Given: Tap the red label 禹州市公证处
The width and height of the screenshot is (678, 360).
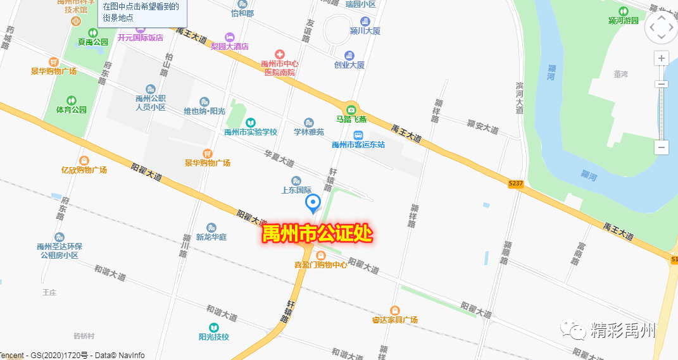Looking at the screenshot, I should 317,233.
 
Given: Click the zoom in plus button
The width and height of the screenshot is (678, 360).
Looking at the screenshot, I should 662,59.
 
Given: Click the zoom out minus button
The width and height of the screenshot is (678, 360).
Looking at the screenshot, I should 662,147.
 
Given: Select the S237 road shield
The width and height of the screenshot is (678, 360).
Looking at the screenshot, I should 516,183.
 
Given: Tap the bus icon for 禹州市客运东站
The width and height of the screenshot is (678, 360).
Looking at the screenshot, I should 358,135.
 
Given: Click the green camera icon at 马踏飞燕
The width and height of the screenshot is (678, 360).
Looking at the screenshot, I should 351,109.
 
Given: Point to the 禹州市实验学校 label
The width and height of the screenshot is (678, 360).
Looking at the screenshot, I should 251,132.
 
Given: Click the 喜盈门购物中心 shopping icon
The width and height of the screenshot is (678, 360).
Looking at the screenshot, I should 321,254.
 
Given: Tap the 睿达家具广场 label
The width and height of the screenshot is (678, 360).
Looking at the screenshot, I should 395,320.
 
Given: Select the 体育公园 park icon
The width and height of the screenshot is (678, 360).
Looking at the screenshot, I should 72,100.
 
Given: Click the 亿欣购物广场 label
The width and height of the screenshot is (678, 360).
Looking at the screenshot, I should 84,170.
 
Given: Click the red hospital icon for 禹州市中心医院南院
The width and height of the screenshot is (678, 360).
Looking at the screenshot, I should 279,54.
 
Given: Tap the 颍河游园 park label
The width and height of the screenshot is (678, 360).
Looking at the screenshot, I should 624,20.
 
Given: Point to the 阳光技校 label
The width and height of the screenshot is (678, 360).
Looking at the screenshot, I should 214,337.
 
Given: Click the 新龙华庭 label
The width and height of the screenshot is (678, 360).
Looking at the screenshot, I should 211,237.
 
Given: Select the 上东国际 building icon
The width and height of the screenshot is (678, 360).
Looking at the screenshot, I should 296,181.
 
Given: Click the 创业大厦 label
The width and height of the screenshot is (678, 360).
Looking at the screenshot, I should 349,65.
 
